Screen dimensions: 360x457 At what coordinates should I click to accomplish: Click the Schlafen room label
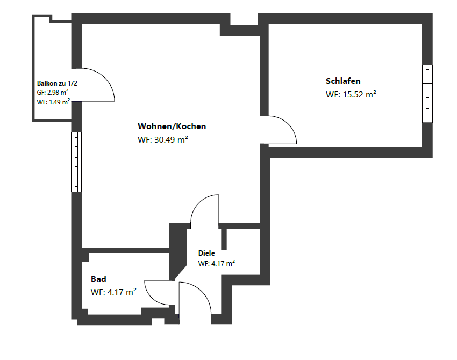click(343, 81)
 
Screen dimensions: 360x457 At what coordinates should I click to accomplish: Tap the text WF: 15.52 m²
click(351, 94)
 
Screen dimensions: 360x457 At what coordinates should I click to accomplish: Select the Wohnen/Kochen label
click(172, 126)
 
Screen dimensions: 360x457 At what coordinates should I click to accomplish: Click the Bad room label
click(98, 279)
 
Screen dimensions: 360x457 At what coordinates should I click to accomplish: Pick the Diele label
click(206, 253)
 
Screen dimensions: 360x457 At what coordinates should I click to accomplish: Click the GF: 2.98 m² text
click(53, 93)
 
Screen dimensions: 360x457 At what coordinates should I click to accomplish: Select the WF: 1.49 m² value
click(53, 102)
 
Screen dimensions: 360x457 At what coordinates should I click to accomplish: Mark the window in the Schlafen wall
click(427, 94)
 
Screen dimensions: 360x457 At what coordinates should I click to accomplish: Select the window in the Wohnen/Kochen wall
click(76, 161)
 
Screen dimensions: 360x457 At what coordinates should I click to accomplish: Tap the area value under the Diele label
click(216, 264)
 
